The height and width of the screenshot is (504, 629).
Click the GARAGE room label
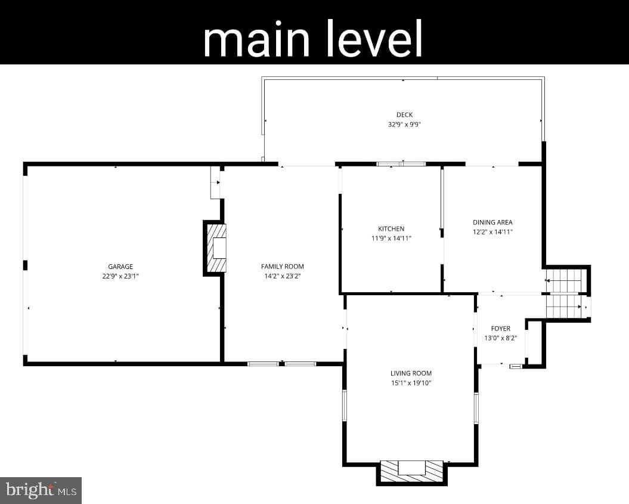(x=120, y=267)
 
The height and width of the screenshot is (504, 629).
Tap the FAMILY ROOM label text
(x=283, y=267)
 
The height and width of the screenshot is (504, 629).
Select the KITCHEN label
(x=391, y=228)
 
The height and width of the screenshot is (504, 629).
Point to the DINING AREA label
(x=492, y=222)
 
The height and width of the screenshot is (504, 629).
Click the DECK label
(x=404, y=115)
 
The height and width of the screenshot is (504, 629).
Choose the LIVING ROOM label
(x=411, y=373)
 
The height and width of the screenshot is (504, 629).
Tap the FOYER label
(x=501, y=329)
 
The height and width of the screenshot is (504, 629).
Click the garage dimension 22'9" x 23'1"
(x=120, y=276)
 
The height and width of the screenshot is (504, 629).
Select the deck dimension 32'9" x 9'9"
(x=404, y=125)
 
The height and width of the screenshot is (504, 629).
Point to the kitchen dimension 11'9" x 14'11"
(x=391, y=239)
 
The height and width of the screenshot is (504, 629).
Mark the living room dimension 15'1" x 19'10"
(x=411, y=383)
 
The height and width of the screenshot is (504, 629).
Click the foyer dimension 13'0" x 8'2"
(x=501, y=338)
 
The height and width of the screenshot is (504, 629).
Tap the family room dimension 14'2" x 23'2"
(x=283, y=276)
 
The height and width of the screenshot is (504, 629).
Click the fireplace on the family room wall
(x=215, y=248)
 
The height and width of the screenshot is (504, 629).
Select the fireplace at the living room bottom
(x=411, y=472)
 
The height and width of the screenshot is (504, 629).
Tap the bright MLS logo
(x=41, y=490)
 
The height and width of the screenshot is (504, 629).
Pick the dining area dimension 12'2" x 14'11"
(x=492, y=232)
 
